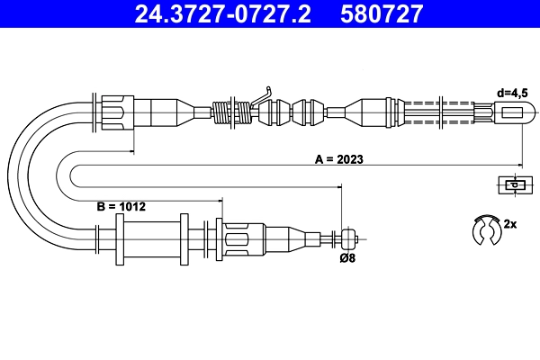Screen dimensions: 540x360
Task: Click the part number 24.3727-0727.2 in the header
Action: click(x=222, y=13)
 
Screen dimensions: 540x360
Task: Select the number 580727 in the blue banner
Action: click(x=382, y=13)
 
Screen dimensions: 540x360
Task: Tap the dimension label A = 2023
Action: click(x=339, y=159)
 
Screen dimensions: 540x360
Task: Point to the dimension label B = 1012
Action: click(x=121, y=207)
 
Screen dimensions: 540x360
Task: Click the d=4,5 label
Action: click(x=512, y=93)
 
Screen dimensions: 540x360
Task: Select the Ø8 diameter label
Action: click(x=347, y=257)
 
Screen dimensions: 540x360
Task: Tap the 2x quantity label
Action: click(x=510, y=224)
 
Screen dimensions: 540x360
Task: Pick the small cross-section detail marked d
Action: click(x=515, y=185)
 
